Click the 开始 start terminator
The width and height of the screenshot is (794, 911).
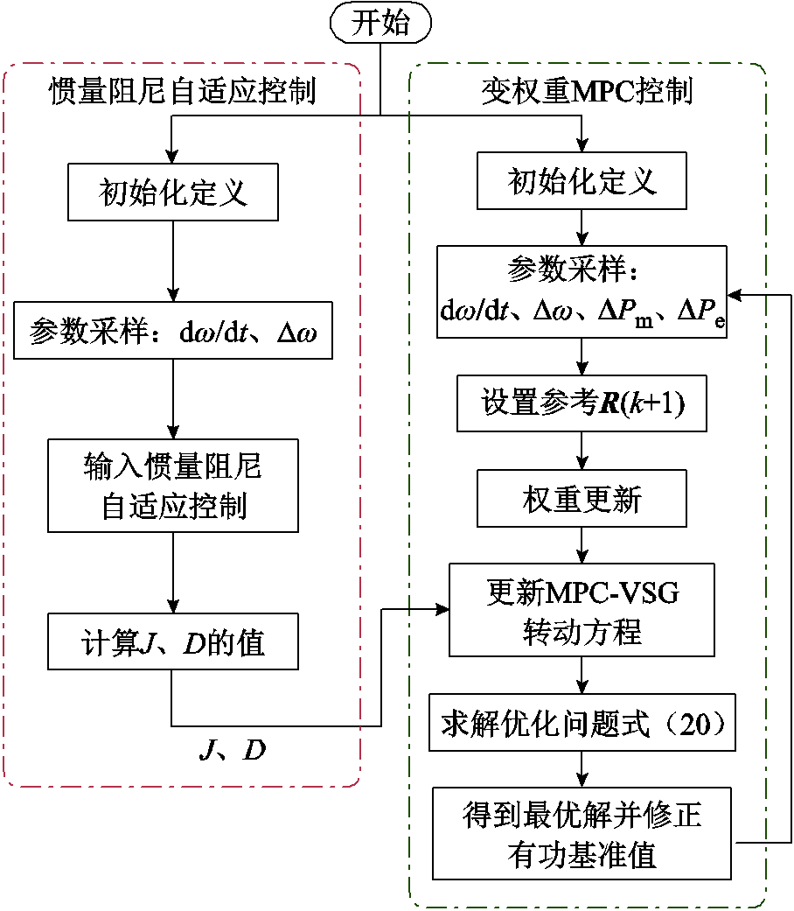tap(380, 24)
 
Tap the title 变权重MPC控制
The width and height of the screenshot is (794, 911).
tap(587, 91)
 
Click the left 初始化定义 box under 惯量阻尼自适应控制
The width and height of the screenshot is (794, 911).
tap(173, 193)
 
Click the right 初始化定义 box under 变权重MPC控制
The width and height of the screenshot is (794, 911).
tap(582, 182)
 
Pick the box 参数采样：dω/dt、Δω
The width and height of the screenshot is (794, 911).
tap(173, 331)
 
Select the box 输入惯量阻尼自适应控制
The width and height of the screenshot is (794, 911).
tap(173, 486)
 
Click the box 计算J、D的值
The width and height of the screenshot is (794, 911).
tap(173, 643)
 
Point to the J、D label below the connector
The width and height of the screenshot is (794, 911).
tap(233, 750)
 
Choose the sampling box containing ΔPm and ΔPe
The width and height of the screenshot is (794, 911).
tap(582, 291)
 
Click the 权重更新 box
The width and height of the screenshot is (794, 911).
tap(582, 500)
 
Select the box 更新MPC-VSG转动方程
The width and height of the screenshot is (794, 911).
tap(582, 610)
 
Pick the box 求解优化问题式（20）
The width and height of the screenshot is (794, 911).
tap(582, 726)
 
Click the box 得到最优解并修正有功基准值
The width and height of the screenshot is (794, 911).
tap(582, 833)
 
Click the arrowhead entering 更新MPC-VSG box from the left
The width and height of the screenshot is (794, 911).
tap(442, 609)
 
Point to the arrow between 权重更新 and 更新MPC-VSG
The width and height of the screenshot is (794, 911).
tap(582, 547)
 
